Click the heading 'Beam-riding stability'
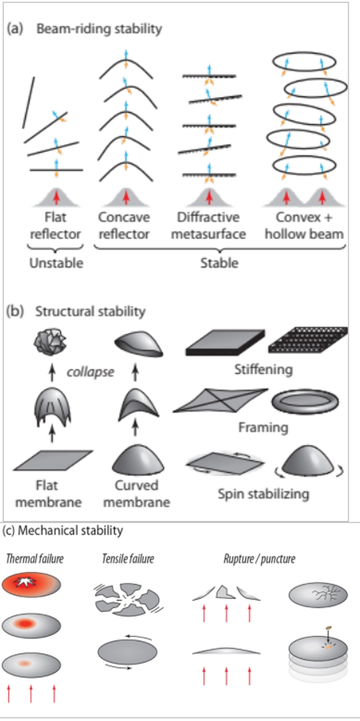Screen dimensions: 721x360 (x=99, y=28)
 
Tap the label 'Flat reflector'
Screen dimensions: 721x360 (x=56, y=225)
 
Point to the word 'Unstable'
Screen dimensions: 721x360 (x=56, y=263)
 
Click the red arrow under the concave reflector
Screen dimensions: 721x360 (x=126, y=197)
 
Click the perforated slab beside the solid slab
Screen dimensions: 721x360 (x=308, y=342)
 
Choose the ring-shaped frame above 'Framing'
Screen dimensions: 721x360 (x=305, y=401)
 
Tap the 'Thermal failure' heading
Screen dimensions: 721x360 (x=35, y=559)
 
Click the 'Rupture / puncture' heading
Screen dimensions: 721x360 (x=259, y=559)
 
